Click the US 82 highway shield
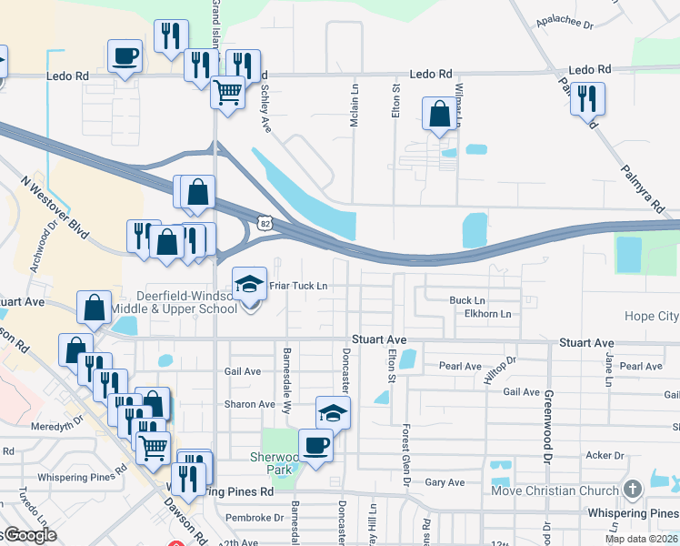point(264,222)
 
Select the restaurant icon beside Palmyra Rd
point(587,98)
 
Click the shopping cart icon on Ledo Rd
point(227,91)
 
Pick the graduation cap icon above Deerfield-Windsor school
point(249,284)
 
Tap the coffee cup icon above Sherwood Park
point(315,445)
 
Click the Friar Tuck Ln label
point(297,286)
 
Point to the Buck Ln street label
point(467,300)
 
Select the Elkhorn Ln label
point(488,314)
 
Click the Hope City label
point(651,317)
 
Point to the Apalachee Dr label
point(565,25)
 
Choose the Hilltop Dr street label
point(500,369)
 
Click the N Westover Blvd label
point(55,207)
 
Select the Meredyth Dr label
point(55,424)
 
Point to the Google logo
point(29,536)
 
